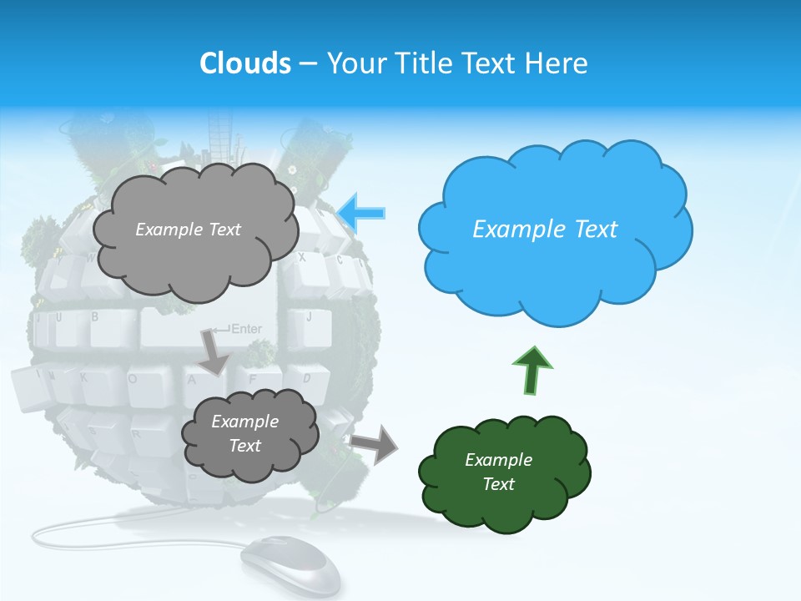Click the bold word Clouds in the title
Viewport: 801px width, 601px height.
coord(245,63)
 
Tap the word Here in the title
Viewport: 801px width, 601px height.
coord(558,63)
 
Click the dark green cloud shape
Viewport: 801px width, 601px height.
coord(504,474)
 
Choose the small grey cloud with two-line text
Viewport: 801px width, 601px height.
coord(249,434)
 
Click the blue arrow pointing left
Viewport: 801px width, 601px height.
coord(363,213)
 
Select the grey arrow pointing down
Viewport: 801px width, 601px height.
coord(214,351)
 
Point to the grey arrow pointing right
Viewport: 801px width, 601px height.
coord(375,443)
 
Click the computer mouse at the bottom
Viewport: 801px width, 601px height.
coord(291,565)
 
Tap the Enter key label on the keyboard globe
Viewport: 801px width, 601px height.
coord(245,329)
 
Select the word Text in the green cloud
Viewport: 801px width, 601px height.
coord(499,484)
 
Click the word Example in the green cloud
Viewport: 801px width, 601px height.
coord(498,460)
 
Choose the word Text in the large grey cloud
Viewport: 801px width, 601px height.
coord(224,230)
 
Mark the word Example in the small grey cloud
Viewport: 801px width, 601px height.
coord(244,422)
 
